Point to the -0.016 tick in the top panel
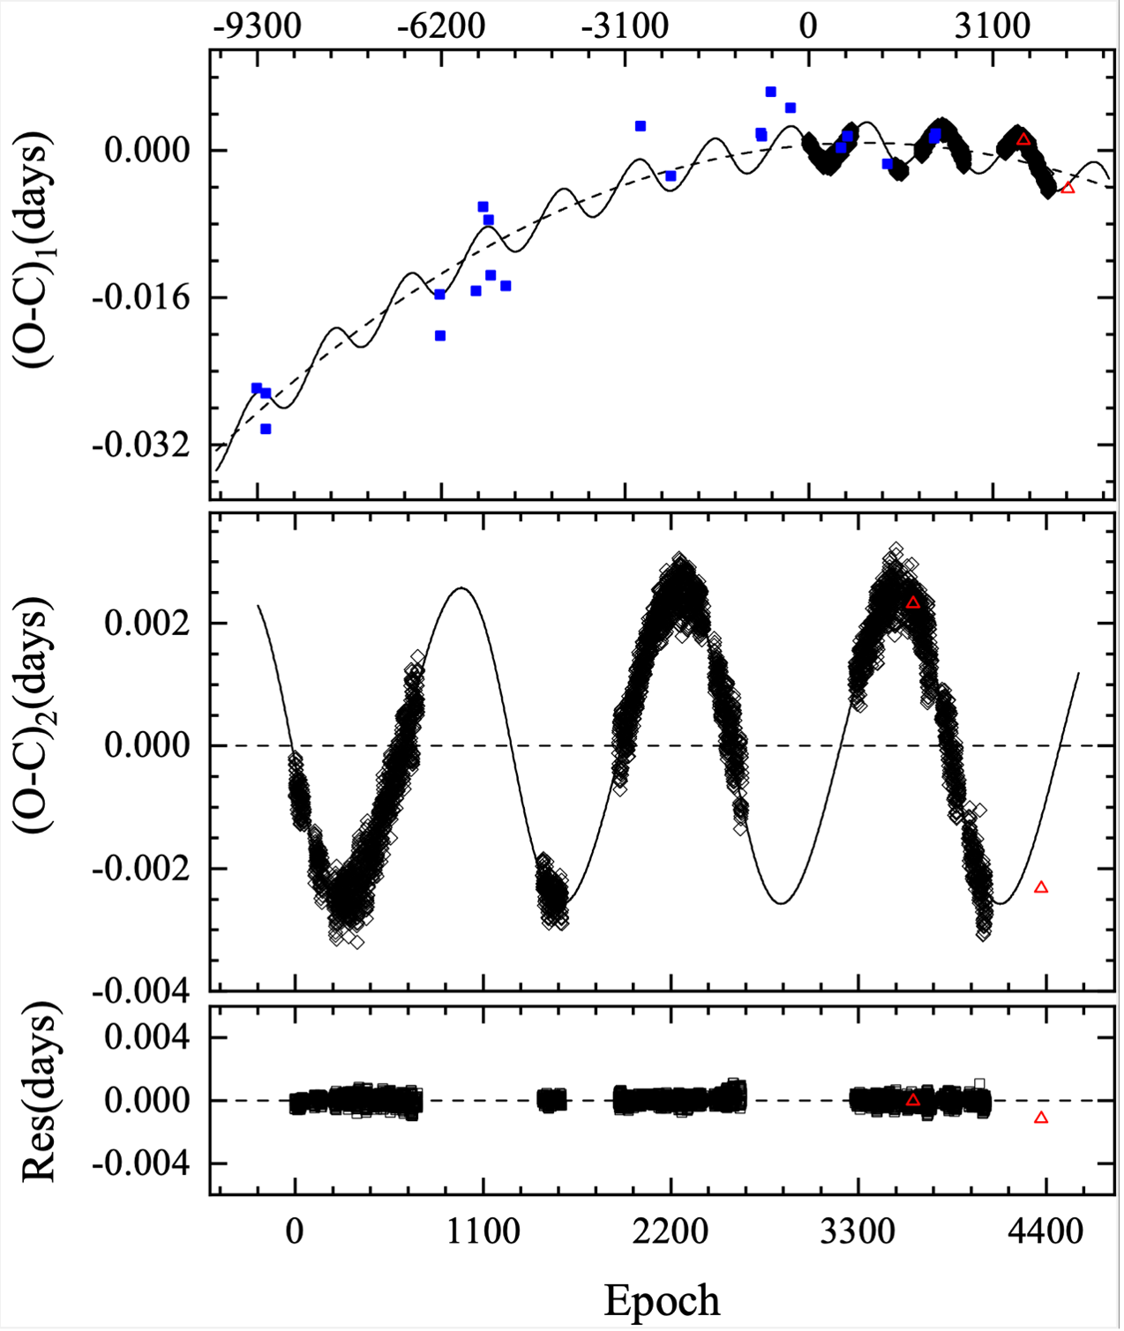(141, 297)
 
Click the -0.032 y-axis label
(141, 445)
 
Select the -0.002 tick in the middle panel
(141, 869)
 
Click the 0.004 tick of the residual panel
(146, 1037)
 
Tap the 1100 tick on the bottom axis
(483, 1231)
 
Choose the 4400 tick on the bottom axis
(1045, 1231)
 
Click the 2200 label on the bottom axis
(671, 1231)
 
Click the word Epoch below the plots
(662, 1300)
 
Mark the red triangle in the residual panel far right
(1041, 1118)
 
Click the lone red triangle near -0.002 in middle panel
(1041, 887)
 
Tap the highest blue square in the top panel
(770, 92)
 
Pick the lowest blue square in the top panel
(266, 429)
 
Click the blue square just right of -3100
(641, 126)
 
